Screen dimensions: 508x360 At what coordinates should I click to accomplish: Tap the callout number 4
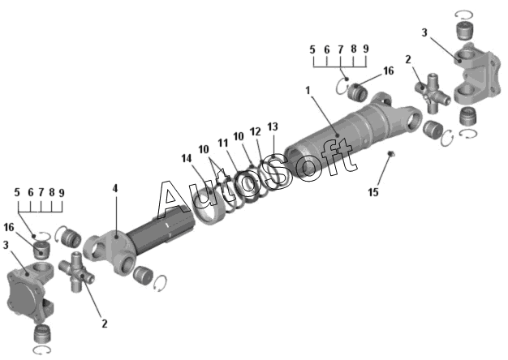click(x=114, y=188)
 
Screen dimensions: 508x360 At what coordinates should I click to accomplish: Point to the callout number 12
click(x=255, y=131)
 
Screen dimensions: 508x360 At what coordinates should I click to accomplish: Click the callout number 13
click(x=273, y=126)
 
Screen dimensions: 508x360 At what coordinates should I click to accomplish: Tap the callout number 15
click(x=373, y=192)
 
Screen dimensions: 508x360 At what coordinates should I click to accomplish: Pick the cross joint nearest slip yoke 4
click(x=79, y=271)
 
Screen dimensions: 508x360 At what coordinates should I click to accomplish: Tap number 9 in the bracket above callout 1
click(x=366, y=49)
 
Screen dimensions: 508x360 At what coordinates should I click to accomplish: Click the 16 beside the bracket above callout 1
click(x=388, y=71)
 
